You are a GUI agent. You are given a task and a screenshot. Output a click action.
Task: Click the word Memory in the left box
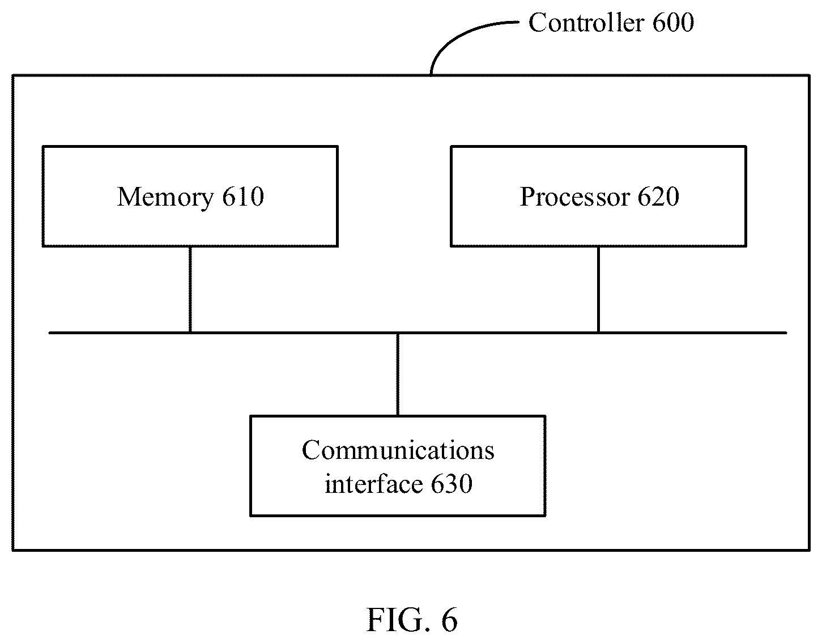coord(165,198)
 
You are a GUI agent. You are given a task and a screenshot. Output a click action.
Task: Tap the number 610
coord(243,197)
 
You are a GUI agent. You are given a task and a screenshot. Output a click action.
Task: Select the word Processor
coord(574,197)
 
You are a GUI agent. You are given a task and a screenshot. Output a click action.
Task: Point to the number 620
coord(658,197)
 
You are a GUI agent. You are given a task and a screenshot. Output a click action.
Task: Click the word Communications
coord(398,450)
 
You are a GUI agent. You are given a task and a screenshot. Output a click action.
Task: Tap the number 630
coord(452,483)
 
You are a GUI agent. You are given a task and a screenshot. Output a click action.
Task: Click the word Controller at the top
coord(586,22)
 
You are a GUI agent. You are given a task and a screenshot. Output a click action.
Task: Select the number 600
coord(674,22)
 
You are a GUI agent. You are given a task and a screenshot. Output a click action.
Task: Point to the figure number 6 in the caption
coord(449,620)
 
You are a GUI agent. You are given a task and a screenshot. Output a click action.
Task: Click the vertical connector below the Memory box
coord(190,289)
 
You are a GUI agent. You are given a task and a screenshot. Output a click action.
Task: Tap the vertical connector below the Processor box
coord(598,289)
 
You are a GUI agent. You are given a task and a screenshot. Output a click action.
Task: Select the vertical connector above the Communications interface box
coord(398,374)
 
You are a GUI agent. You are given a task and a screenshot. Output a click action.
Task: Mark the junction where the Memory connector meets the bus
coord(190,333)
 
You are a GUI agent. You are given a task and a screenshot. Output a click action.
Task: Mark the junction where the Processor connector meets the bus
coord(598,333)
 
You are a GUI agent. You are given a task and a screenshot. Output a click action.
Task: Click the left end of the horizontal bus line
coord(49,333)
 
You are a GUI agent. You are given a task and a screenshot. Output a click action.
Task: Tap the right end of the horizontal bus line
coord(786,333)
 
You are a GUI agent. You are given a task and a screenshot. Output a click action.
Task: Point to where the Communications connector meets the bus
coord(398,333)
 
